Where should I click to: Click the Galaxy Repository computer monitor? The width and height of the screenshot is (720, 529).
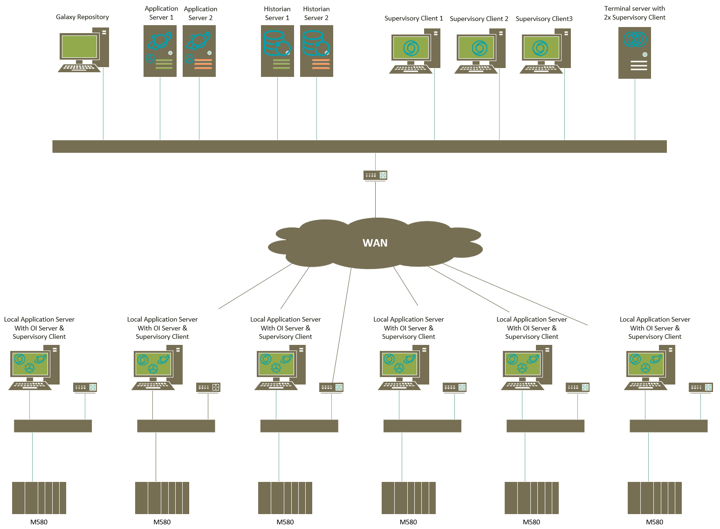[x=79, y=47]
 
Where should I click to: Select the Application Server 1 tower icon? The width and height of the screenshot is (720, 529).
[x=160, y=51]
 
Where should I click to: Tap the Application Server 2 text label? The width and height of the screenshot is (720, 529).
[x=200, y=13]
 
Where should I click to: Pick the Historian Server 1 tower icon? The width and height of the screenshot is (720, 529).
[x=277, y=51]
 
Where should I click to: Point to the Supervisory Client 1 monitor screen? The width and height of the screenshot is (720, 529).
[x=411, y=48]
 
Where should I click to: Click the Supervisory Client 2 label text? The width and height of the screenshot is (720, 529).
[x=479, y=19]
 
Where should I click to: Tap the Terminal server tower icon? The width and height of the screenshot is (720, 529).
[x=634, y=53]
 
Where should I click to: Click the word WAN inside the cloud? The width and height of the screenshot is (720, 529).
[x=375, y=243]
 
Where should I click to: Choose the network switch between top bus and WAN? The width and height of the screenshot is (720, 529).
[x=375, y=175]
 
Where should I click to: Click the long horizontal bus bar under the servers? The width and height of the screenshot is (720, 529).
[x=359, y=146]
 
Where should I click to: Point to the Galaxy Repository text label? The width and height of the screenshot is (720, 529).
[x=82, y=17]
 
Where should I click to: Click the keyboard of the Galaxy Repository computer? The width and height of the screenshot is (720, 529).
[x=79, y=68]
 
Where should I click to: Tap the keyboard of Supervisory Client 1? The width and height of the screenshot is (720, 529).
[x=411, y=69]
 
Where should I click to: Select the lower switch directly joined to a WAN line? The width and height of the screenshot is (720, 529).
[x=331, y=387]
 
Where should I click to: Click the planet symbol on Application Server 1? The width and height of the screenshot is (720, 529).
[x=160, y=41]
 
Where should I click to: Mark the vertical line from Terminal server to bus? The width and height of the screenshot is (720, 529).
[x=635, y=110]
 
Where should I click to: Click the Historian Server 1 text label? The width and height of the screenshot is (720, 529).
[x=277, y=13]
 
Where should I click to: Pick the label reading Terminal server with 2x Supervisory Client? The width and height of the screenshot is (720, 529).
[x=634, y=13]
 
